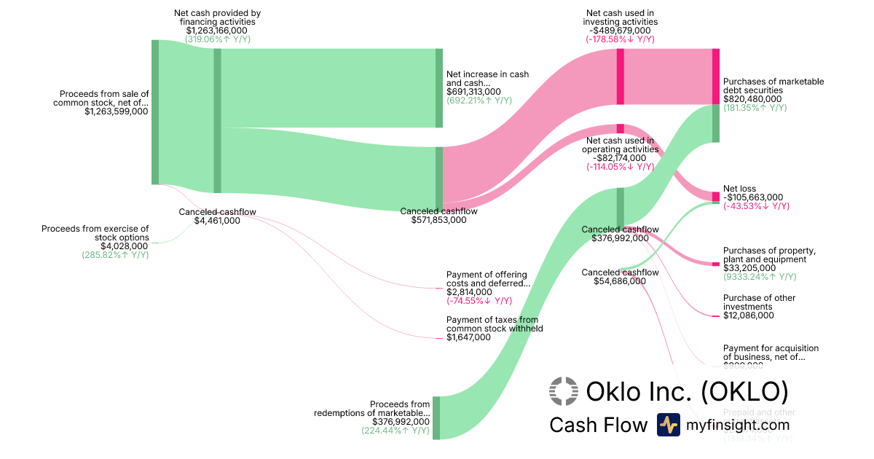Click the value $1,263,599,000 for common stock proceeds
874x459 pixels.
116,112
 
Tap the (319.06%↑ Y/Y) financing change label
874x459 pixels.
217,39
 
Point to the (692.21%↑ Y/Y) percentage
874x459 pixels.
479,101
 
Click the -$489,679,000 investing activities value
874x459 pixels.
620,31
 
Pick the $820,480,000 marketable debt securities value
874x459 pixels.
752,99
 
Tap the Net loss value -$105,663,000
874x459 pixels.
753,197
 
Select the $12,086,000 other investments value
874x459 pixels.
749,315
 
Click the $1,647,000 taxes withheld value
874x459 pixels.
468,337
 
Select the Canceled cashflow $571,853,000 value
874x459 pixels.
439,220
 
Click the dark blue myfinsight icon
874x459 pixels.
668,425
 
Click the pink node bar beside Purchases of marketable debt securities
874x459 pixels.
715,76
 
